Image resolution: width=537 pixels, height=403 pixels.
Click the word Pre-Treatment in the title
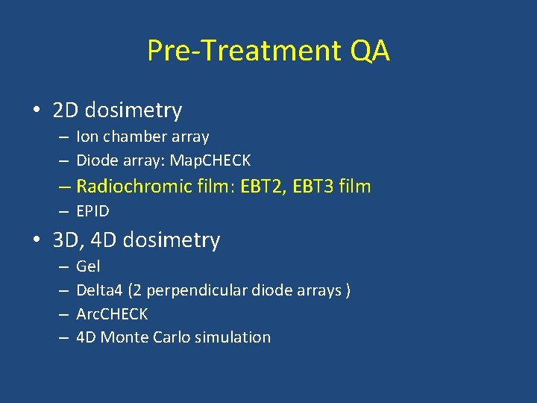[x=242, y=51]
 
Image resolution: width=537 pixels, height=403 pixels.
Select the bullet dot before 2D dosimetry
[x=36, y=111]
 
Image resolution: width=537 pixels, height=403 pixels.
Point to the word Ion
[x=87, y=137]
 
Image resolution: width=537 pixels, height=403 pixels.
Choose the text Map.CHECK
[x=210, y=160]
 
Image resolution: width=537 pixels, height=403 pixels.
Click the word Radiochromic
[x=136, y=186]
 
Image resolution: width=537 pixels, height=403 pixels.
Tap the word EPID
[x=92, y=211]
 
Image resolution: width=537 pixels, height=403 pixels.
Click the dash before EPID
[x=65, y=211]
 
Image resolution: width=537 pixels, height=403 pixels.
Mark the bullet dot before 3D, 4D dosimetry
[x=36, y=241]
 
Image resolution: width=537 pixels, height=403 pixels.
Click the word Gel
[x=88, y=266]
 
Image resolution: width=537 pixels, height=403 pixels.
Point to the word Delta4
[x=97, y=290]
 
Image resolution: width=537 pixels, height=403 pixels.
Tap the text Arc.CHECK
[x=112, y=313]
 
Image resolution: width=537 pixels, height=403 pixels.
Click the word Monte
[x=124, y=337]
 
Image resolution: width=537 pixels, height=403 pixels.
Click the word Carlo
[x=171, y=337]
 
